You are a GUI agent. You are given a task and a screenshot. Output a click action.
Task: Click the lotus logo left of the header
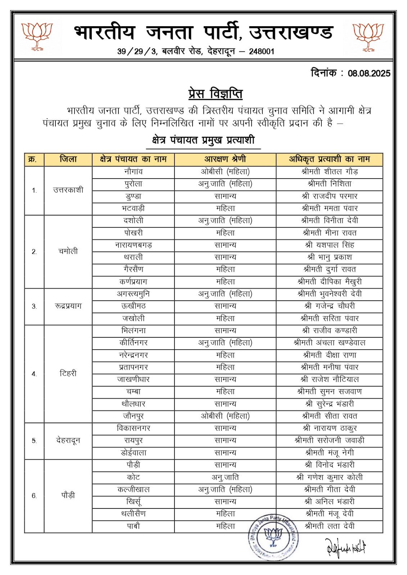pos(37,36)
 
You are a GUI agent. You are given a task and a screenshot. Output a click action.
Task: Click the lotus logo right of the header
pos(368,36)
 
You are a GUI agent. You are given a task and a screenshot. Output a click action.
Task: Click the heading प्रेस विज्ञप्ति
pos(215,94)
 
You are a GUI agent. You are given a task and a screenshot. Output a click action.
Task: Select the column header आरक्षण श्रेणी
pos(225,159)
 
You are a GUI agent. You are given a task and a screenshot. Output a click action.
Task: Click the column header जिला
pos(68,159)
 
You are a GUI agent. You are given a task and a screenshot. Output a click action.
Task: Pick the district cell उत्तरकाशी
pos(68,190)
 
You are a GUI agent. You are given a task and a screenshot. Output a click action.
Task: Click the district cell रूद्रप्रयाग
pos(68,306)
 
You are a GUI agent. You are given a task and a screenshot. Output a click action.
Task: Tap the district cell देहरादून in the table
pos(68,441)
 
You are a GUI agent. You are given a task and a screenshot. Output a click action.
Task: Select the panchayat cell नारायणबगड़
pos(134,245)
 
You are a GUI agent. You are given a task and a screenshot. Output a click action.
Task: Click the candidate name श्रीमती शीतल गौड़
pos(330,172)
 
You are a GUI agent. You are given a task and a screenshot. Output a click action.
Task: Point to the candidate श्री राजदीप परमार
pos(330,196)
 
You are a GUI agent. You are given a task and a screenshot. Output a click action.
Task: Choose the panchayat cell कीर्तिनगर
pos(134,343)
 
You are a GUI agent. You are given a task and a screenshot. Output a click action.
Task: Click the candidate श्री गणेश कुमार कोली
pos(330,477)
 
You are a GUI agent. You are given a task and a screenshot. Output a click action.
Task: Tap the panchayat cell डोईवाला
pos(134,453)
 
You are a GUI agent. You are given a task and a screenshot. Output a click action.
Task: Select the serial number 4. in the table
pos(34,374)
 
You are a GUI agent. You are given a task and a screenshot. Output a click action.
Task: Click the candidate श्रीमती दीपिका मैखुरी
pos(330,282)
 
